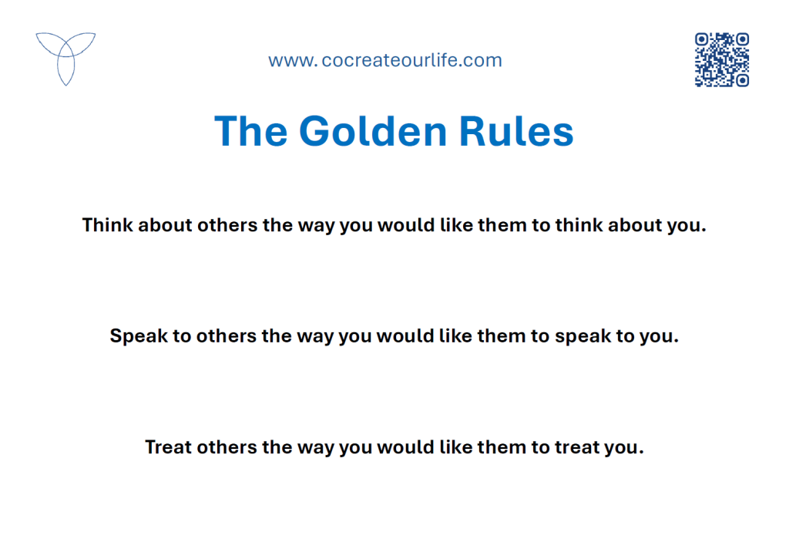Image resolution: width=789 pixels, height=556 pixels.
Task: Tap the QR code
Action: [722, 60]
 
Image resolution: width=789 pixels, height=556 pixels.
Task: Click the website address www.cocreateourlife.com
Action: [385, 60]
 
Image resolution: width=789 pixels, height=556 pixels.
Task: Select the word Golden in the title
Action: [373, 131]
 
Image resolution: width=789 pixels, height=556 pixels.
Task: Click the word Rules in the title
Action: [516, 131]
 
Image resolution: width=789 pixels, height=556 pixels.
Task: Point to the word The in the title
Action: [250, 131]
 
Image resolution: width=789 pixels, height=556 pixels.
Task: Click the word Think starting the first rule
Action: [108, 224]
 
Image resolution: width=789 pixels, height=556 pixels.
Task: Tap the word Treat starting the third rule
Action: [168, 446]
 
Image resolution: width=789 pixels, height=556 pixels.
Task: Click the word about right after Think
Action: [165, 224]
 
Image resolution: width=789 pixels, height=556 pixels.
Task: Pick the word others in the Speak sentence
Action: [226, 336]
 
